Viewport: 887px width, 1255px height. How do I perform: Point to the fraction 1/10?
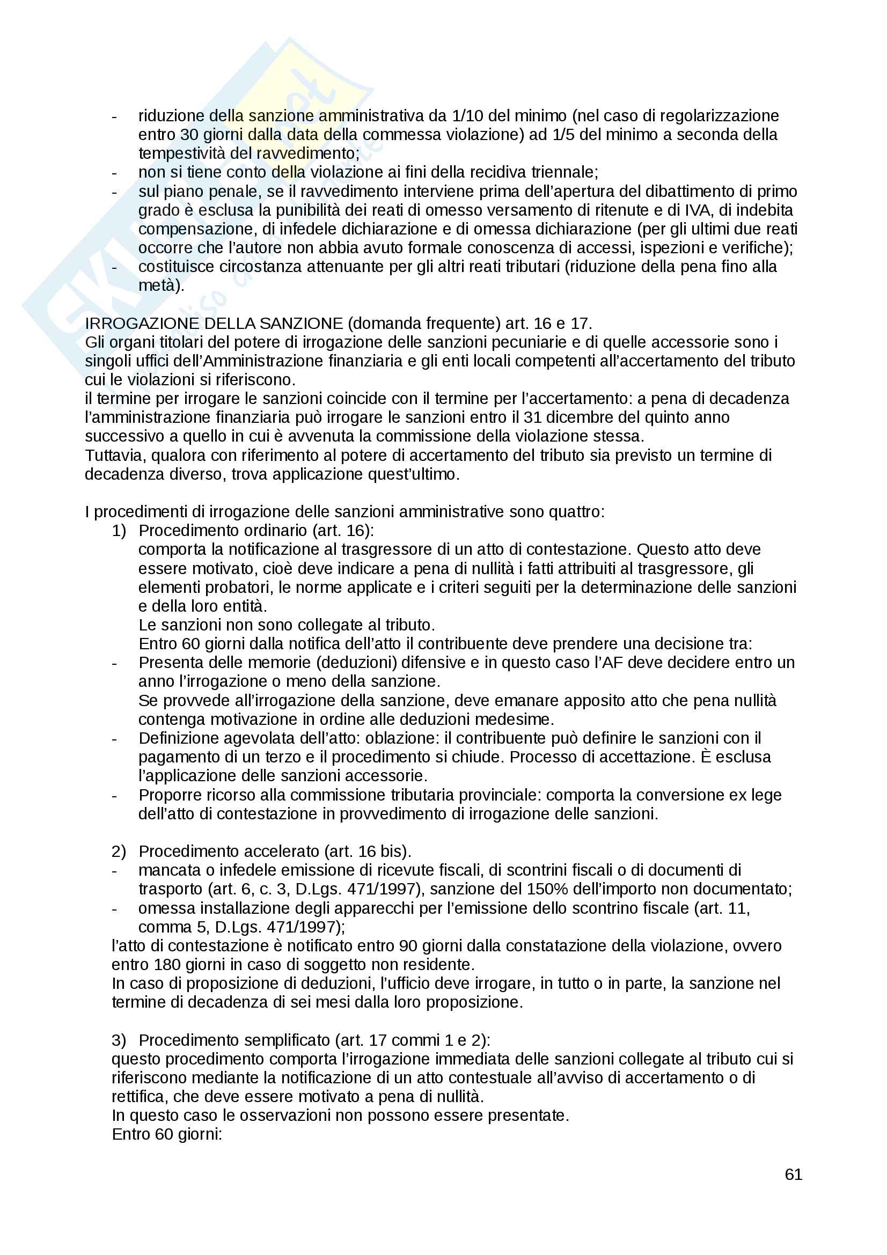pos(467,116)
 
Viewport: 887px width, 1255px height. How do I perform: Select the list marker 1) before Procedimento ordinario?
pos(119,531)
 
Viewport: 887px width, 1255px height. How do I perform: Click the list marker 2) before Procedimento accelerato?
pos(119,852)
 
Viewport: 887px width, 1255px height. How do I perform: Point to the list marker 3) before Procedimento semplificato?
pos(119,1040)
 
